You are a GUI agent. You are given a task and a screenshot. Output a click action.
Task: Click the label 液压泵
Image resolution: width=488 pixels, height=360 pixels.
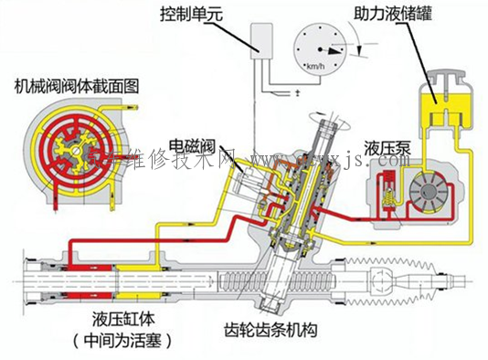point(385,147)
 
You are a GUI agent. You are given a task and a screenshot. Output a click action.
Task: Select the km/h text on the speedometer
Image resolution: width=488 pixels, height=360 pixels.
point(317,67)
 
